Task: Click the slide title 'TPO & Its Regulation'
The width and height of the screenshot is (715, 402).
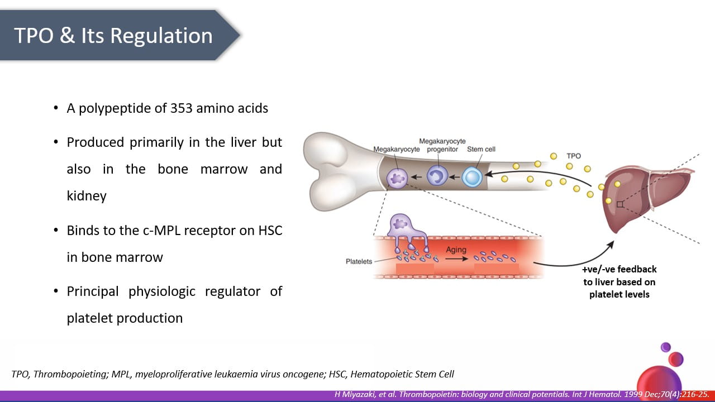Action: [x=113, y=35]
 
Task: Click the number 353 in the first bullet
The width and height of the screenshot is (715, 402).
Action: [x=181, y=108]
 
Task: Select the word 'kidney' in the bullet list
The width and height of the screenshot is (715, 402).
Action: [x=87, y=196]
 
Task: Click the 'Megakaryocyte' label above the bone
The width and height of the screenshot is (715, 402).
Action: [x=397, y=149]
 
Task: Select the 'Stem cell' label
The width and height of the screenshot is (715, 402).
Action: [x=481, y=149]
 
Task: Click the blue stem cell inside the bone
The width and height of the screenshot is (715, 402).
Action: [x=472, y=177]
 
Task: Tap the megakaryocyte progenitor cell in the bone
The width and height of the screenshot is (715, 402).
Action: [x=437, y=175]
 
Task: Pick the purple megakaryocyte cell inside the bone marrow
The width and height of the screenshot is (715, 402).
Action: [x=397, y=178]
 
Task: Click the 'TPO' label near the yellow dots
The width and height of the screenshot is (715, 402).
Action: [x=574, y=156]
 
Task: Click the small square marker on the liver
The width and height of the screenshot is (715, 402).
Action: [x=620, y=204]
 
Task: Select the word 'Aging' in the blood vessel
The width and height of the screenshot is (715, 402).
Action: [x=456, y=250]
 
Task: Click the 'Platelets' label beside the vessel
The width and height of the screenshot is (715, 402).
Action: [x=359, y=262]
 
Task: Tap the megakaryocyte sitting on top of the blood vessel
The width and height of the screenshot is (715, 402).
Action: [x=406, y=231]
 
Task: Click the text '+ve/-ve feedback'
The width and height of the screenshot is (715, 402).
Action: [x=619, y=269]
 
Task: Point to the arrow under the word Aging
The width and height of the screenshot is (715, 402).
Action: [x=456, y=259]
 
